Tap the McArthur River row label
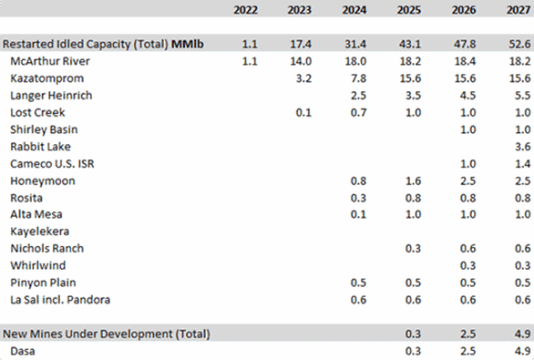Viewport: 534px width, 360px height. [51, 60]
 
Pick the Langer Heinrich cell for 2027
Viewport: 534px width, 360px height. [517, 95]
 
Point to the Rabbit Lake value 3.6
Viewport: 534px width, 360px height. [517, 146]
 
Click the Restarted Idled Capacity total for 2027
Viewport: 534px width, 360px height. [515, 43]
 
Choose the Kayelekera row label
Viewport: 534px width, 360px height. [39, 231]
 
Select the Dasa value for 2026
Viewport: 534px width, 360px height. [465, 351]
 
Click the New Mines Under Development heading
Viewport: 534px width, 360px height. [107, 334]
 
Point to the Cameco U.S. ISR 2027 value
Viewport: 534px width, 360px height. [517, 163]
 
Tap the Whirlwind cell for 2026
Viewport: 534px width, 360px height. [465, 265]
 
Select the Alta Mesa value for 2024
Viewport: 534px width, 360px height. [359, 214]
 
